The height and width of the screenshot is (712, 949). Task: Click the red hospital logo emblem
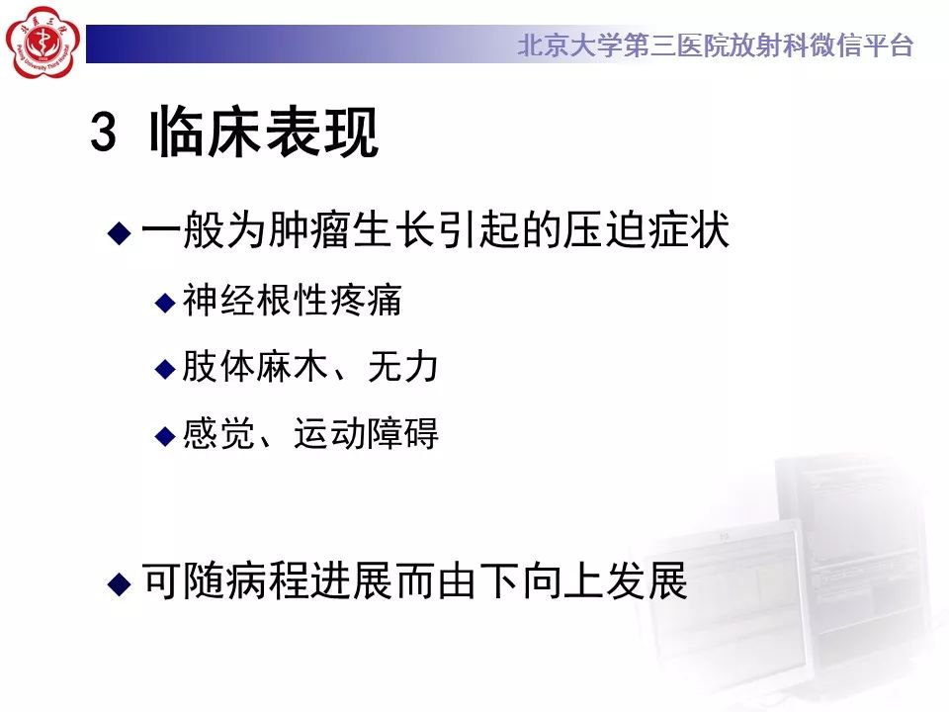(x=41, y=43)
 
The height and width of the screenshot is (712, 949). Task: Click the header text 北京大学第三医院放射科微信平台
(x=715, y=45)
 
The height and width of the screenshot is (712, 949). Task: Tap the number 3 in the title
(x=104, y=133)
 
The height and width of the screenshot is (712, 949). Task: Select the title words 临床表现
(x=264, y=133)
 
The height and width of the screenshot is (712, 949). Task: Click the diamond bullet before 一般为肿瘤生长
(x=119, y=233)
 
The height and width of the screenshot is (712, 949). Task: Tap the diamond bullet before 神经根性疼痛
(x=165, y=302)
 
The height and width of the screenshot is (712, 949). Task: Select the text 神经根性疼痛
(x=293, y=301)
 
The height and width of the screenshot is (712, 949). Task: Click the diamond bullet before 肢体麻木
(x=165, y=369)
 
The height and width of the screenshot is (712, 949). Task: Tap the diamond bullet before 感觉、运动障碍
(x=165, y=435)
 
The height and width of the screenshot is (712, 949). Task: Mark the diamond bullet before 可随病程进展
(x=119, y=583)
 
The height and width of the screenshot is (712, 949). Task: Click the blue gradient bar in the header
(x=297, y=44)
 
